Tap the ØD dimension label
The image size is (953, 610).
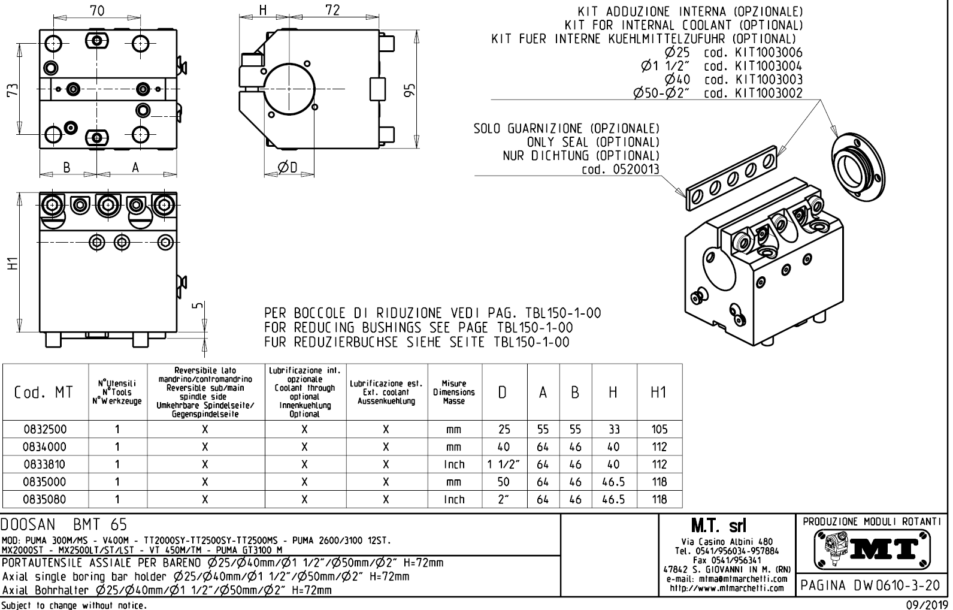[x=288, y=167]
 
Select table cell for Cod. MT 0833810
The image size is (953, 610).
[x=45, y=464]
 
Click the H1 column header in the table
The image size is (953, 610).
[x=658, y=392]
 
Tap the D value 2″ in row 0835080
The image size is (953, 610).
[x=504, y=499]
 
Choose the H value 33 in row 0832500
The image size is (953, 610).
[x=613, y=430]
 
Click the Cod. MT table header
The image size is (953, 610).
[x=45, y=392]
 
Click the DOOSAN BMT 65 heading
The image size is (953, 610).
[x=64, y=524]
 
